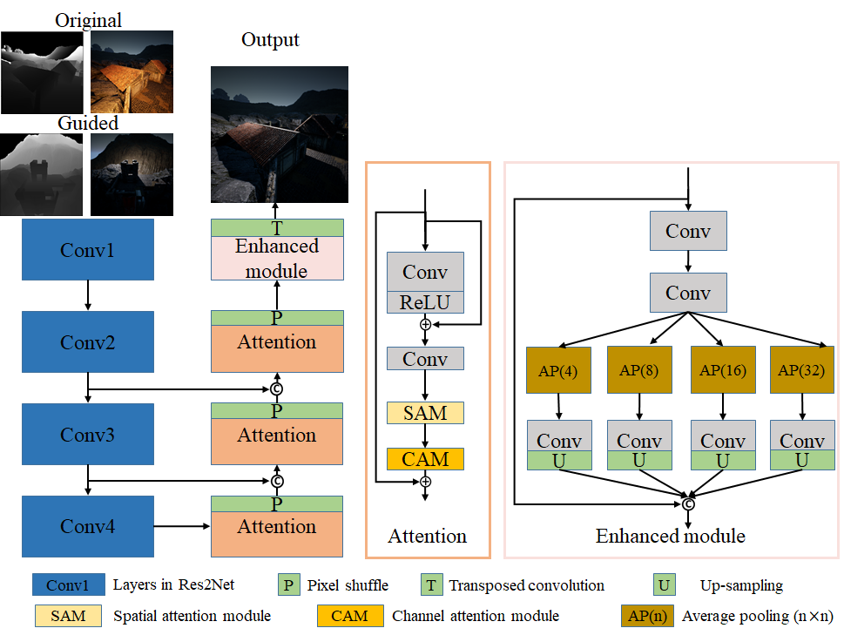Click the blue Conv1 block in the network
(87, 250)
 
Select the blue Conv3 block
(87, 434)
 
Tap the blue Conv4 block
(87, 526)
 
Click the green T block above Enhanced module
(277, 228)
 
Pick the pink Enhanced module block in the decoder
(277, 258)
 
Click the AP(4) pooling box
(558, 369)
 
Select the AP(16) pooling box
(723, 369)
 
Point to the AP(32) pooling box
(802, 369)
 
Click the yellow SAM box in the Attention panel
(425, 413)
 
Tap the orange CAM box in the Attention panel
(425, 458)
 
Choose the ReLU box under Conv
(425, 302)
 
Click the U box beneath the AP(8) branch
(639, 460)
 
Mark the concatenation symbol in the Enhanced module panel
(688, 503)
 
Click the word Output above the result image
(270, 40)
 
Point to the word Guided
(87, 123)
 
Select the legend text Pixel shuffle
(348, 585)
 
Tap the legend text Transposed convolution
(527, 585)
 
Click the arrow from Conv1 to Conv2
(87, 297)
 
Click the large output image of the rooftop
(279, 134)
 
